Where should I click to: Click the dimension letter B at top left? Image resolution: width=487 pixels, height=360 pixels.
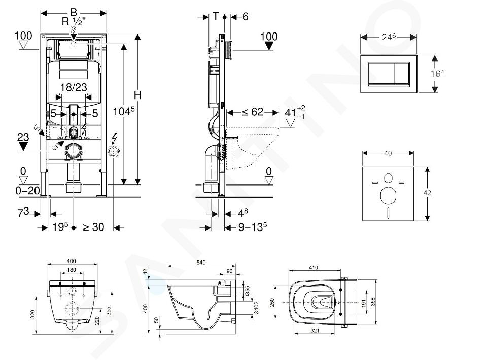(74, 12)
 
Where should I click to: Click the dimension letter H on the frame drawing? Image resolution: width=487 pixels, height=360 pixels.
(137, 95)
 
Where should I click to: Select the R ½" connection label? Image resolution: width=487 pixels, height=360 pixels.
(74, 22)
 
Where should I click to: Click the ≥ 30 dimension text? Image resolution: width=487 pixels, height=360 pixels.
(93, 227)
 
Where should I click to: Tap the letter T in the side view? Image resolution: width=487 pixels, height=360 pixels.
(216, 16)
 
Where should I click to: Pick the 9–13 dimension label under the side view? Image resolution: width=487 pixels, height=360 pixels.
(253, 227)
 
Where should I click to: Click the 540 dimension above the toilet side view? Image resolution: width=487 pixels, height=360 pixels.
(201, 263)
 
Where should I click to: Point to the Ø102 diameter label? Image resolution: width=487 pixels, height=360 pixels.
(256, 308)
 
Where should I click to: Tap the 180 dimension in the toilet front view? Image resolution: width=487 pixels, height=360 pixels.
(72, 270)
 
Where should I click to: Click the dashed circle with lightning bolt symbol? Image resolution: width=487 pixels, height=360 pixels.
(114, 152)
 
